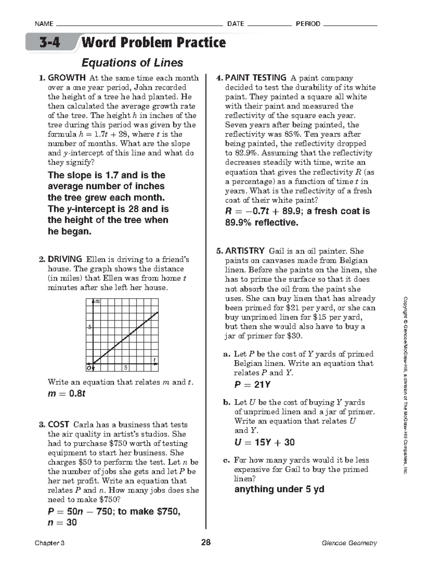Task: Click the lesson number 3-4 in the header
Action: [50, 43]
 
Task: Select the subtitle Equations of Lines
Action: [132, 63]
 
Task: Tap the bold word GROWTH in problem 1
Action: [67, 78]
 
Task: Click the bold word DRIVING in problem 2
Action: [65, 259]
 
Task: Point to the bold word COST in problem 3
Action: [58, 425]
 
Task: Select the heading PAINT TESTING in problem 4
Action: [255, 78]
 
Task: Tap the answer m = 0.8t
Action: [66, 394]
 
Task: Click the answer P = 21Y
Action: [252, 385]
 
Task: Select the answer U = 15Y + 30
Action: [264, 442]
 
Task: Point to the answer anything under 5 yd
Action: [279, 489]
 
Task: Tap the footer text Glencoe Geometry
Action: [349, 543]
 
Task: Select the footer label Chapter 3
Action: [50, 543]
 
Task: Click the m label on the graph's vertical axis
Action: [98, 302]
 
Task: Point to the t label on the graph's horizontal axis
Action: [154, 359]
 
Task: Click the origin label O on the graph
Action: [89, 368]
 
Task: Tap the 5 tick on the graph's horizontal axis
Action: [126, 368]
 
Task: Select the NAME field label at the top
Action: [43, 24]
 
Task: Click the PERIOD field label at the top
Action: [308, 24]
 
